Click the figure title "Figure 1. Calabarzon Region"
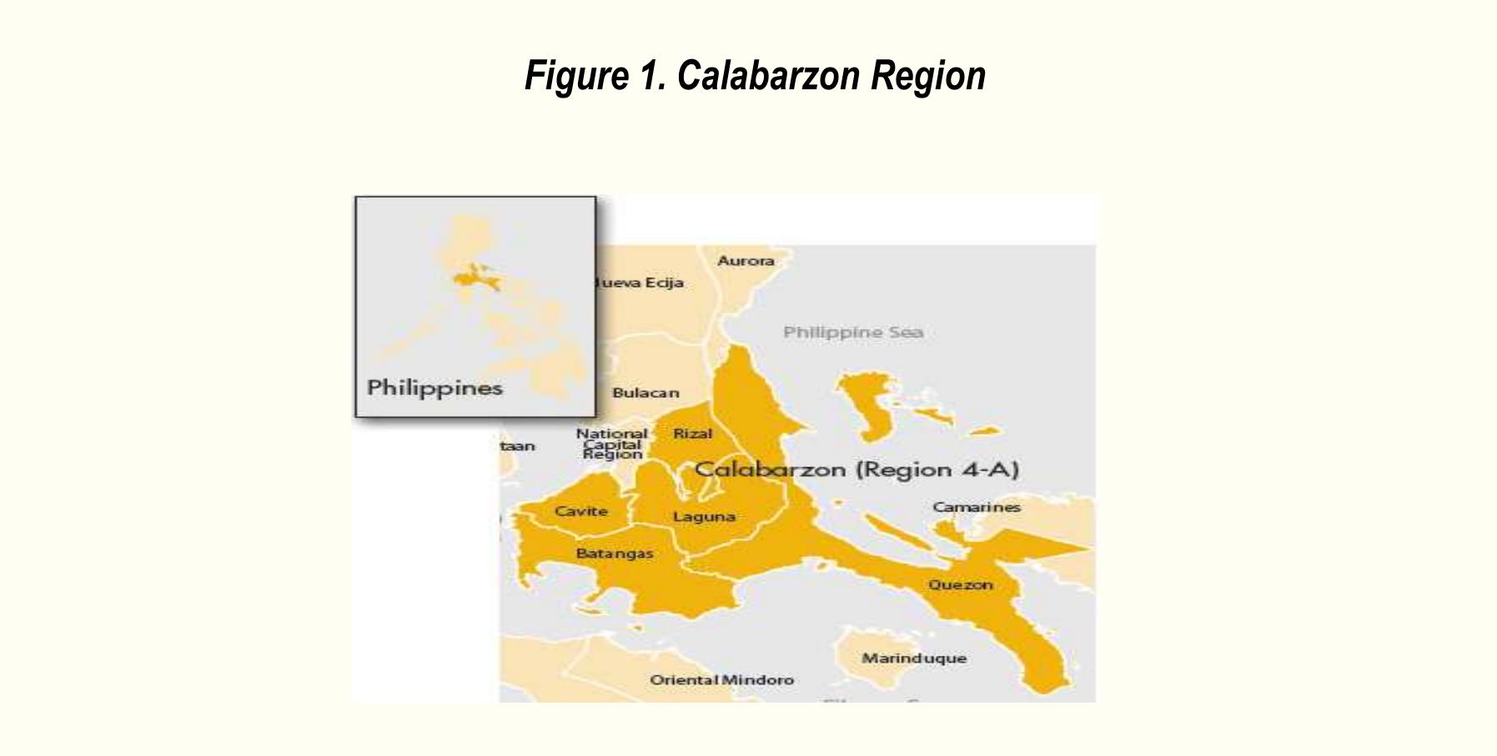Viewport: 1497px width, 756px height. pyautogui.click(x=755, y=76)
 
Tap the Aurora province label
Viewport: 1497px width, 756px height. pyautogui.click(x=746, y=261)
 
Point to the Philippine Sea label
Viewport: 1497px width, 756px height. pyautogui.click(x=852, y=332)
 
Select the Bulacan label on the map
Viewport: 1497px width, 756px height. pyautogui.click(x=646, y=393)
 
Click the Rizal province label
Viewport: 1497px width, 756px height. pyautogui.click(x=692, y=434)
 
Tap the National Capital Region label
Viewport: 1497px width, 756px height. pyautogui.click(x=612, y=444)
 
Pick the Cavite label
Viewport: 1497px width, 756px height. pyautogui.click(x=581, y=512)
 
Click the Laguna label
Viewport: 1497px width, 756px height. pyautogui.click(x=704, y=517)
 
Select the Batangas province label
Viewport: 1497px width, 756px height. pyautogui.click(x=615, y=553)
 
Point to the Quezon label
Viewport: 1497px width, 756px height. pyautogui.click(x=961, y=585)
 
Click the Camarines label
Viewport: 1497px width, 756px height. pyautogui.click(x=976, y=507)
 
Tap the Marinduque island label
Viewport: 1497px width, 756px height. pyautogui.click(x=914, y=658)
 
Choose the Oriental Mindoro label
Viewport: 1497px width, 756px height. pyautogui.click(x=721, y=680)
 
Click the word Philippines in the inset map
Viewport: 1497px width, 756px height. pyautogui.click(x=435, y=388)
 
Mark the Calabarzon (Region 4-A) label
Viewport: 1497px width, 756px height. pyautogui.click(x=857, y=470)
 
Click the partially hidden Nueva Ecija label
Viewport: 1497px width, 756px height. pyautogui.click(x=640, y=283)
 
